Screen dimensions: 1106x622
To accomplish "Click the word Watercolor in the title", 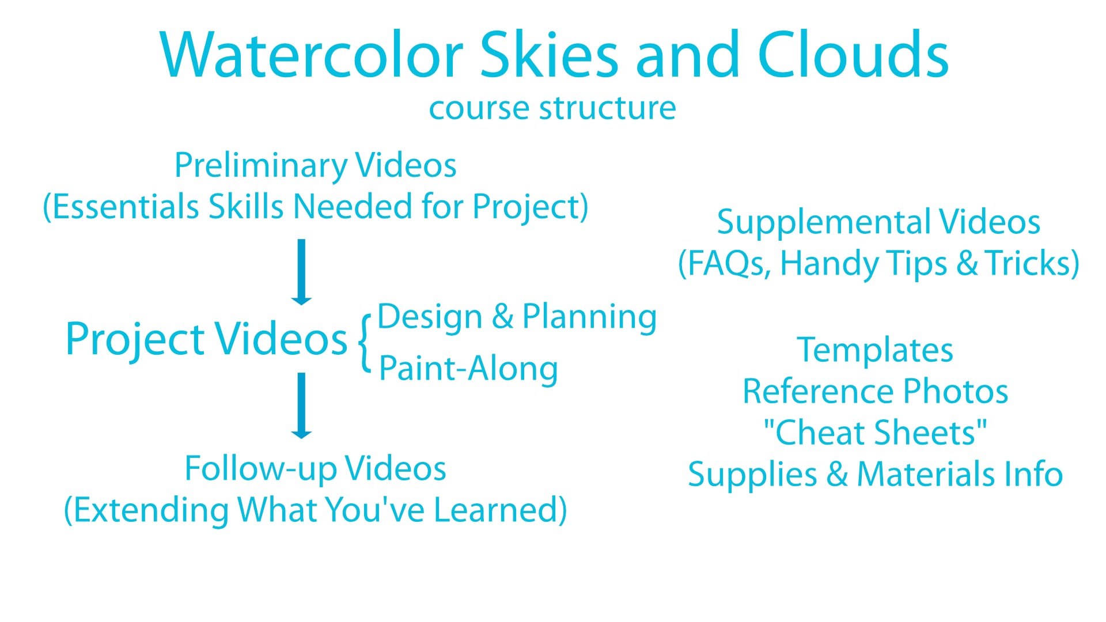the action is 312,55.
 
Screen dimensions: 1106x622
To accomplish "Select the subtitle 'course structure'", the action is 552,108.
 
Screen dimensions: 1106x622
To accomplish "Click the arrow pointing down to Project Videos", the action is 301,272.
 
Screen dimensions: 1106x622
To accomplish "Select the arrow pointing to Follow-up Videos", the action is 301,405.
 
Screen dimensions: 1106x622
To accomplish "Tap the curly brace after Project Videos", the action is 364,342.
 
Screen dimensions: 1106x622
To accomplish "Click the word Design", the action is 430,317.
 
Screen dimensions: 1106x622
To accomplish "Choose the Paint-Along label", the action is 468,369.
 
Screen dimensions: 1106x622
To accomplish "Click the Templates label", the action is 875,351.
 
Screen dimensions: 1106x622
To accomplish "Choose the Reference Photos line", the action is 875,392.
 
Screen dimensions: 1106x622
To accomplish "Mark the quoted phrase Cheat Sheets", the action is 875,433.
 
